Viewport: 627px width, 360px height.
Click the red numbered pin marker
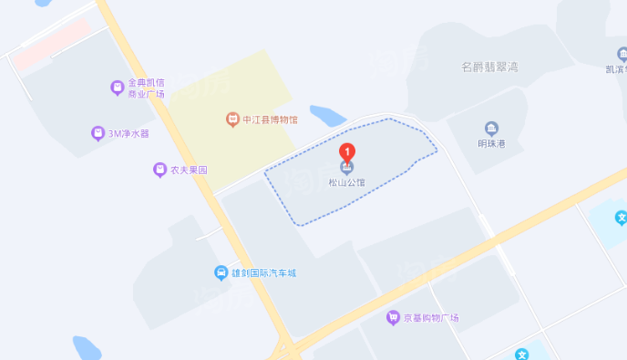click(x=346, y=151)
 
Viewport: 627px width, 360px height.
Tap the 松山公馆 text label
click(x=346, y=182)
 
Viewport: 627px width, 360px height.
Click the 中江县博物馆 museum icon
click(x=232, y=118)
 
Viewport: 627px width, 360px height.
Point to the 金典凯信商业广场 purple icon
click(x=117, y=87)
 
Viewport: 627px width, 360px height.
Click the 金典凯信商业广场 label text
click(x=146, y=87)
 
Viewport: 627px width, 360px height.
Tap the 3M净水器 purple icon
click(x=98, y=133)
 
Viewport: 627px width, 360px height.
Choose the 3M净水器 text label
click(x=128, y=133)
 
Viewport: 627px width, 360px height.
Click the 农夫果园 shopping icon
click(x=159, y=170)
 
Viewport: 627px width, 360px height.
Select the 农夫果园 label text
click(x=189, y=170)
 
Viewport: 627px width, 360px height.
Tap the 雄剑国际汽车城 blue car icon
click(x=221, y=273)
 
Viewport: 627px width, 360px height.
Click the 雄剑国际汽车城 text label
click(x=263, y=273)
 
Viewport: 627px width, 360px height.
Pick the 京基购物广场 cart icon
click(x=393, y=317)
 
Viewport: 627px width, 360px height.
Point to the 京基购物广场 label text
click(x=431, y=318)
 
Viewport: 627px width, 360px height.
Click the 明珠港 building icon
click(x=492, y=128)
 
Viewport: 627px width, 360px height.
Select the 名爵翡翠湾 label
click(x=489, y=67)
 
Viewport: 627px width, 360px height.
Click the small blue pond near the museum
click(x=327, y=116)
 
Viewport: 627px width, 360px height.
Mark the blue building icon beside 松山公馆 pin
click(x=346, y=167)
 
